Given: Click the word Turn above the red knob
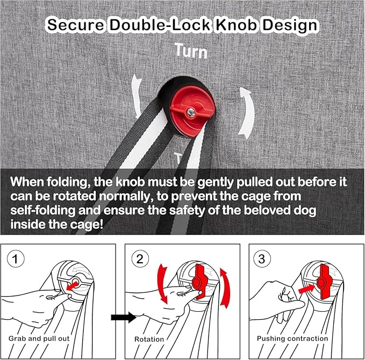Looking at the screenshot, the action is tap(191, 51).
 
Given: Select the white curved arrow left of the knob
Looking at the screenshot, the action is tap(137, 96).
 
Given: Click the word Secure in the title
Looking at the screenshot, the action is tap(76, 25).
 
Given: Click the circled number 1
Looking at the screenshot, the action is tap(16, 259).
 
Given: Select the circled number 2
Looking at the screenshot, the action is tap(140, 259).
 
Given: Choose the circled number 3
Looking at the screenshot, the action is tap(262, 259).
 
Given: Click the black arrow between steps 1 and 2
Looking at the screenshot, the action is tap(124, 317).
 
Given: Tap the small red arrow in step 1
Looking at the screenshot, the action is tap(73, 286).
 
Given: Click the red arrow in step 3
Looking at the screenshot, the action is tap(307, 289).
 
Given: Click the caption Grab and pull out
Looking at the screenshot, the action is tap(39, 339).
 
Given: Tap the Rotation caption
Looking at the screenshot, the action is tap(149, 339).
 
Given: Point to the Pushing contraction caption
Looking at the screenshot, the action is tap(292, 339).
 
